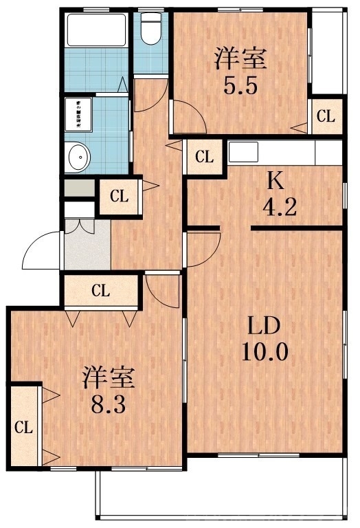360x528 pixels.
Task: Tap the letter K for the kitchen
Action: click(275, 181)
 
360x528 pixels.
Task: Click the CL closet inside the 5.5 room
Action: click(325, 116)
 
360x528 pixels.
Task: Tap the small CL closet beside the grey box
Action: click(119, 196)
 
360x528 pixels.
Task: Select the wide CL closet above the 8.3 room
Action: click(101, 290)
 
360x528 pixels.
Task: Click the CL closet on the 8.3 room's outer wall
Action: click(24, 426)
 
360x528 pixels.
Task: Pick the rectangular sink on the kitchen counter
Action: click(244, 151)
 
